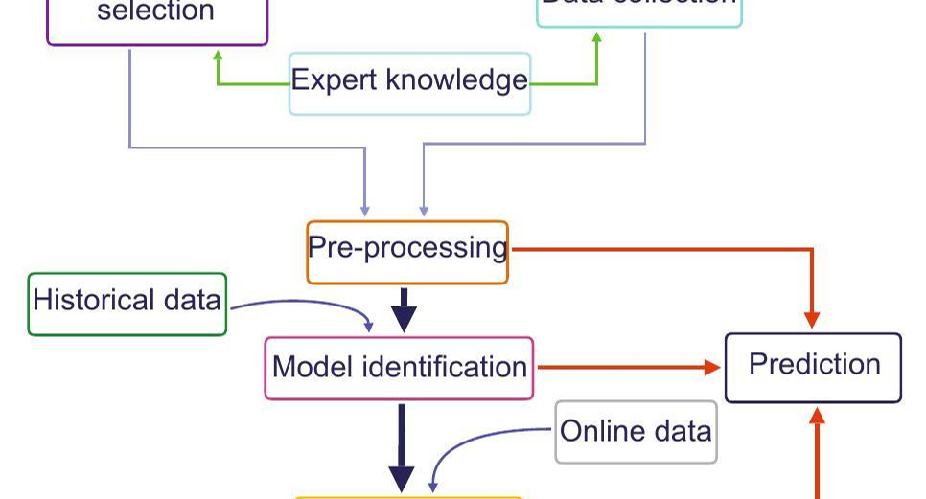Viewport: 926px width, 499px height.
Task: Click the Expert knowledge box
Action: pos(409,83)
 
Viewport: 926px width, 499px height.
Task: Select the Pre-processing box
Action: pos(406,252)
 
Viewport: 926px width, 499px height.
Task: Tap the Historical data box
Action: pos(127,304)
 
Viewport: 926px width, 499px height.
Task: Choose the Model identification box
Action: pos(399,368)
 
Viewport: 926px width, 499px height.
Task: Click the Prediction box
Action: pos(813,367)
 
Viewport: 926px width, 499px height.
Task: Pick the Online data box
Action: pos(636,432)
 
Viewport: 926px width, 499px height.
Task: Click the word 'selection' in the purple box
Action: pos(155,13)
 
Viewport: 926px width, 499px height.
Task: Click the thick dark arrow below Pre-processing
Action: pos(404,310)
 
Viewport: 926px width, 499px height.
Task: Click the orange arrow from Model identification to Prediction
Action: pos(628,367)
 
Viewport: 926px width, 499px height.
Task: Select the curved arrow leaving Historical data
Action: pos(307,305)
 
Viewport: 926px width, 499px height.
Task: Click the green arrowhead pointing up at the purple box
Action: pos(219,56)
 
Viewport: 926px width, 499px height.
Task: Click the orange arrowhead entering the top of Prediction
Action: pos(812,319)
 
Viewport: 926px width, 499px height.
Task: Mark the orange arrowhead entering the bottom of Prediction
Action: pos(818,415)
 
